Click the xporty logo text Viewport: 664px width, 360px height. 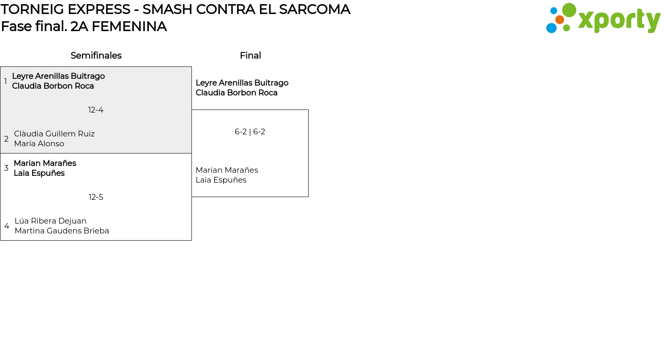coord(619,20)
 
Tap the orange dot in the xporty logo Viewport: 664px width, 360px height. coord(559,20)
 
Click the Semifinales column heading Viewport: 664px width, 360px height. coord(96,56)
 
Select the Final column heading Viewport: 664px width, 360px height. coord(250,56)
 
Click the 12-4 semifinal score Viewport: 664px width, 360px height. coord(96,110)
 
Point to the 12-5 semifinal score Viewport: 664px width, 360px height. coord(96,197)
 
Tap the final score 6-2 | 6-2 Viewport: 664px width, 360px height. coord(250,132)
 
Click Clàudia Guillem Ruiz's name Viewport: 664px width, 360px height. coord(54,134)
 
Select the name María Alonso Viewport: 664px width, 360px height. coord(39,144)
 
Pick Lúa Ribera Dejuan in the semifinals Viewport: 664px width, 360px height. coord(50,221)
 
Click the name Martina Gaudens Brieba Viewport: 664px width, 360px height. coord(62,231)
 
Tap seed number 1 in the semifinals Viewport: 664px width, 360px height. coord(6,81)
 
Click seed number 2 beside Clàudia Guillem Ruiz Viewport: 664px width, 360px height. coord(6,139)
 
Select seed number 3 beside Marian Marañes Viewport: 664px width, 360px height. coord(6,168)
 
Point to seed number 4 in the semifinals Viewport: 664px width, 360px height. coord(7,226)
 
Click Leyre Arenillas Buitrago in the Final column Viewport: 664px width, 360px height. coord(242,83)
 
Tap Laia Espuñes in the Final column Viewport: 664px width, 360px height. coord(221,180)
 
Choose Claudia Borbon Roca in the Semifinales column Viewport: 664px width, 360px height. coord(53,86)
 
